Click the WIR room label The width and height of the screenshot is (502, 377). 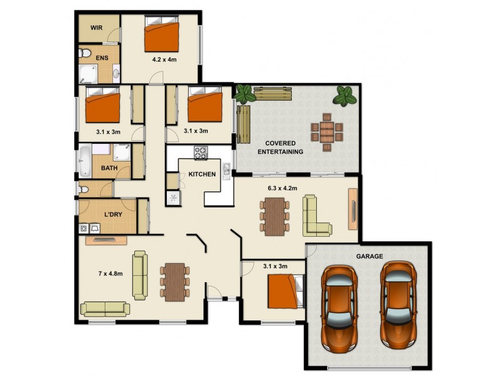pos(97,28)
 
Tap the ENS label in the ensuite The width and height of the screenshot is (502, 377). pos(102,58)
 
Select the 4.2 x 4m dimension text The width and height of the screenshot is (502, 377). pos(164,59)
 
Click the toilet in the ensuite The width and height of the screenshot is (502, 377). pos(84,53)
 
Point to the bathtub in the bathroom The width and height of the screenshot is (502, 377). pos(85,161)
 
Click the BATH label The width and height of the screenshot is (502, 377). pos(109,168)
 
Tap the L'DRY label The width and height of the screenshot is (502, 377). pos(114,214)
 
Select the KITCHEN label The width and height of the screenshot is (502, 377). pos(202,175)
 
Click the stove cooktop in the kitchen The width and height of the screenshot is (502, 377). pos(201,152)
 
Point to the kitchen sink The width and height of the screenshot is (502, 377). pos(227,170)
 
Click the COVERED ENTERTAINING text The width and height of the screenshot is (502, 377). pos(280,148)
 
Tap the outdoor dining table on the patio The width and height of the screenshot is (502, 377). pos(327,132)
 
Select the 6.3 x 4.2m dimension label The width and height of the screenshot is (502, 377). pos(282,188)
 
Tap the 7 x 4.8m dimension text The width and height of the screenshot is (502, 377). pos(110,273)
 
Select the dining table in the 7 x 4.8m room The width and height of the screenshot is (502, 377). pos(175,282)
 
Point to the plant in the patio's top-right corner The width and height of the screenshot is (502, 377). pos(344,96)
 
